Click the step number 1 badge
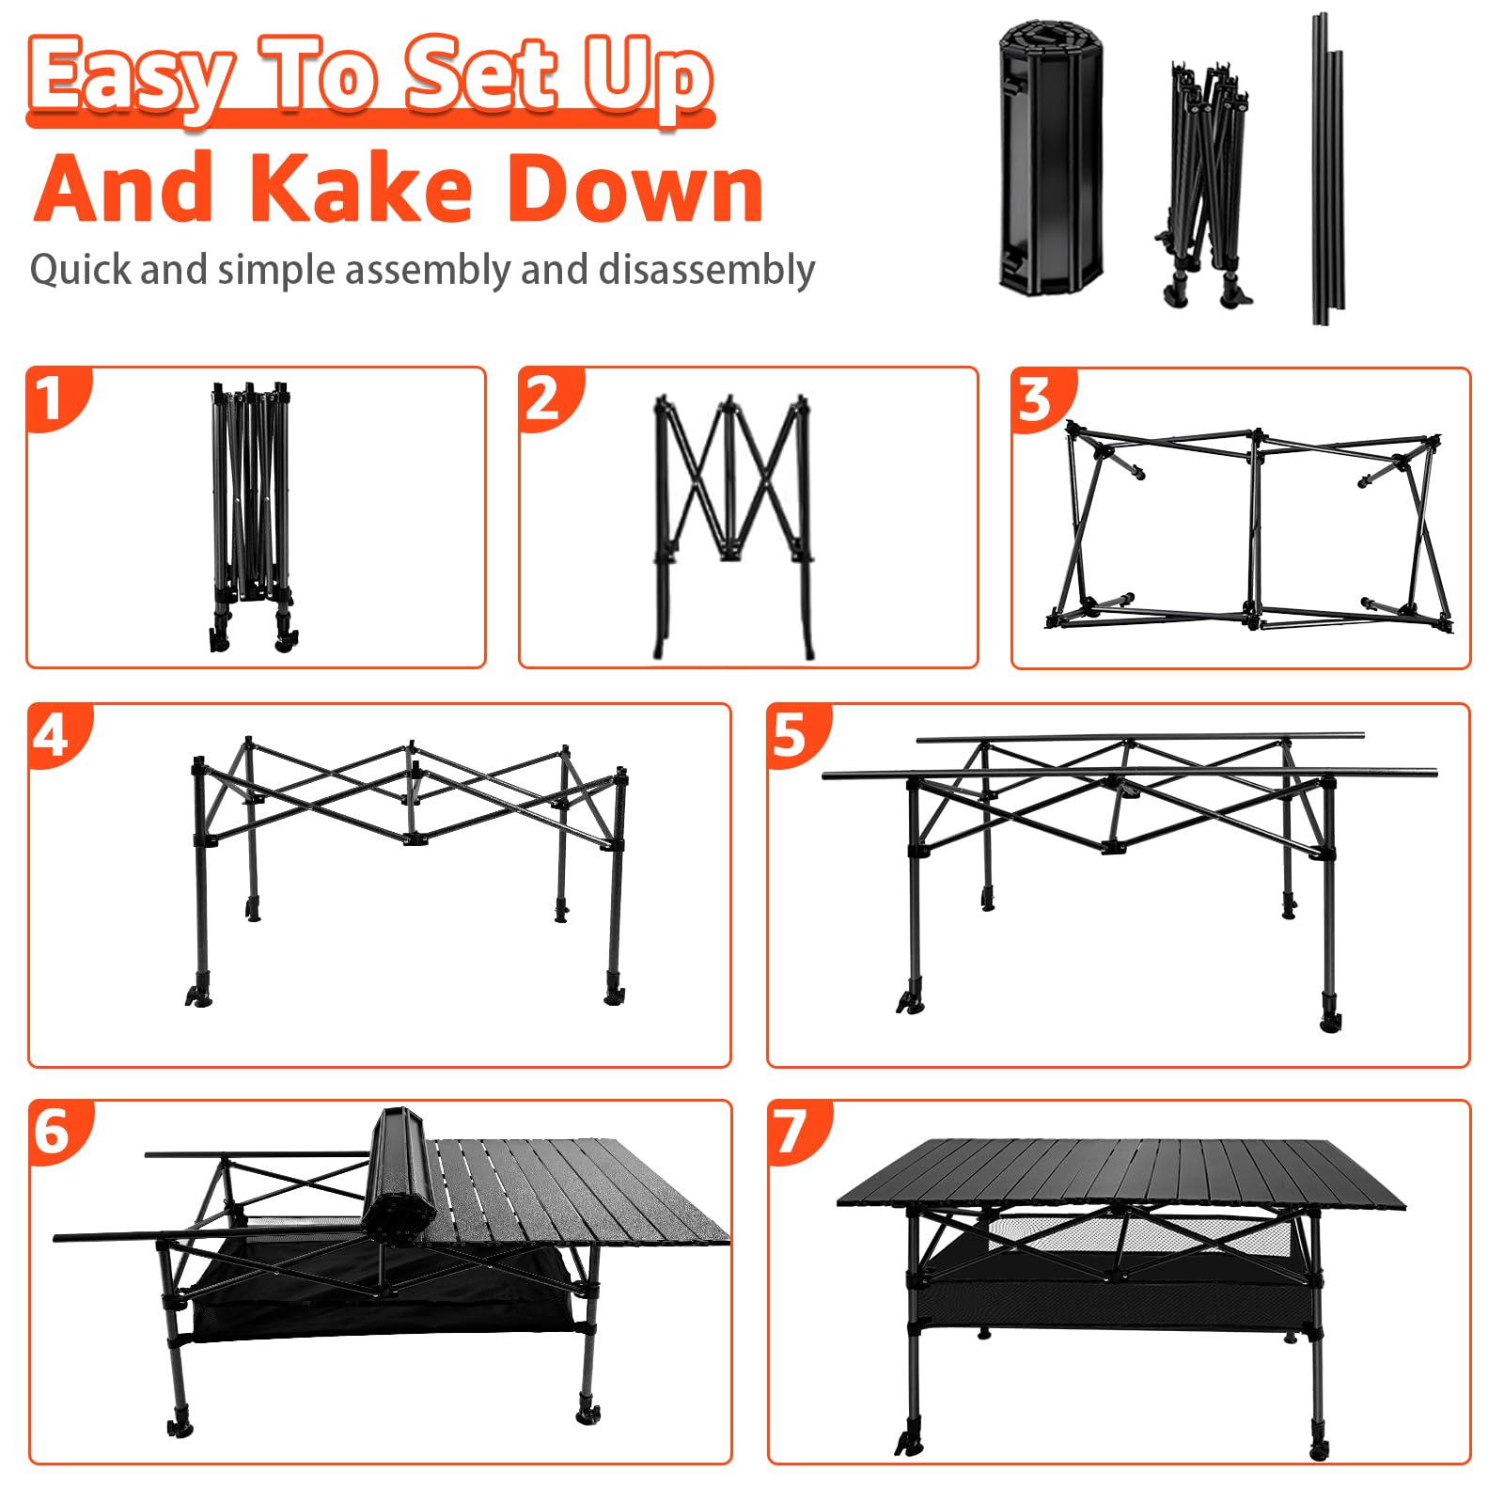(x=55, y=397)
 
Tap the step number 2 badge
(x=547, y=397)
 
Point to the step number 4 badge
(x=56, y=733)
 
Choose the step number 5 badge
(x=795, y=733)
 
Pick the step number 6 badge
(x=57, y=1130)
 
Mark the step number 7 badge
(x=796, y=1130)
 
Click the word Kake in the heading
(x=361, y=188)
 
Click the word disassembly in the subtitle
(x=706, y=271)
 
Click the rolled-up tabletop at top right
(x=1050, y=155)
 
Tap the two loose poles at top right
(x=1326, y=169)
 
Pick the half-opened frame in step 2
(x=732, y=526)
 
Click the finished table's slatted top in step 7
(x=1120, y=1174)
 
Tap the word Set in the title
(x=481, y=75)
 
